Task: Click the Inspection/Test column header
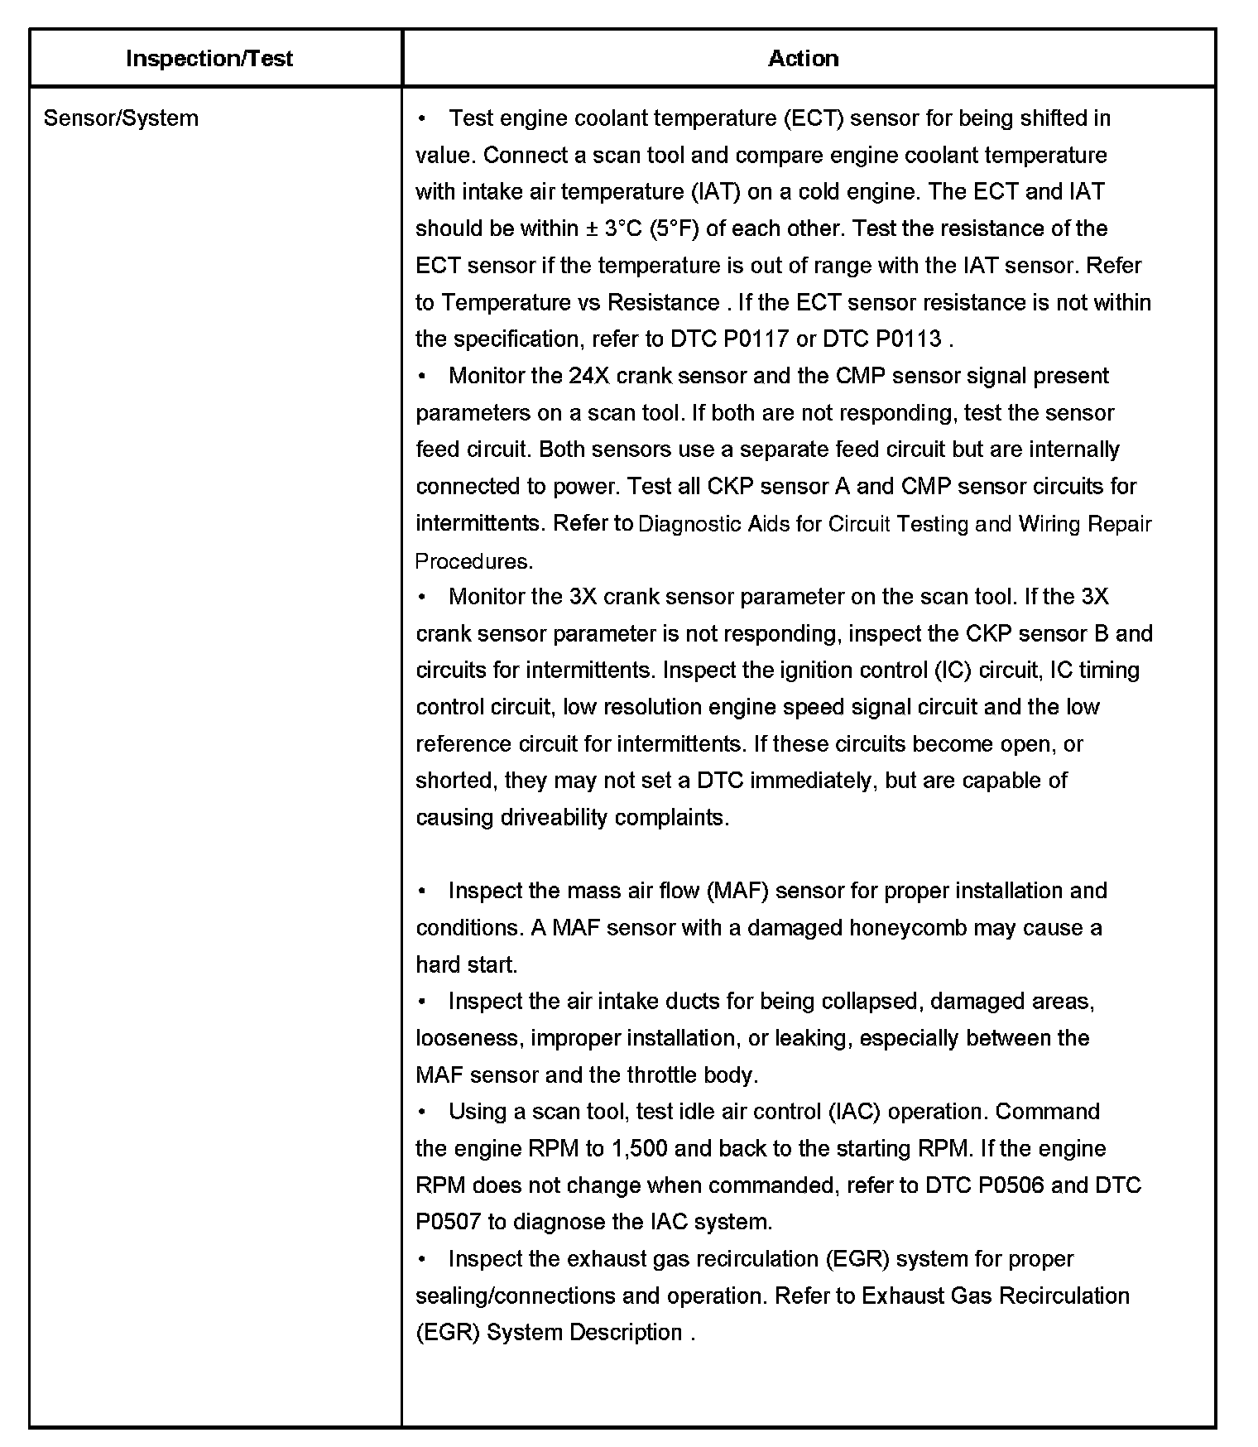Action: (209, 59)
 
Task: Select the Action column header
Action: (803, 59)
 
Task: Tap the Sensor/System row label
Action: (121, 118)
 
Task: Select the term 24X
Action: (589, 376)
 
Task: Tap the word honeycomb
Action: (908, 928)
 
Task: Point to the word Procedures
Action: (473, 561)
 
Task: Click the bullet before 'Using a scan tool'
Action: (423, 1112)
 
